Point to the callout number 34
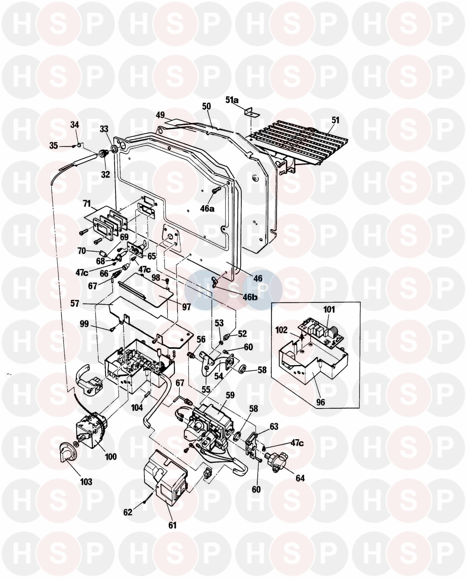75,125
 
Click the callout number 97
186,307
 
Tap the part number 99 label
84,324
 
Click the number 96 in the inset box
320,402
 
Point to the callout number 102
282,330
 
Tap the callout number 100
111,457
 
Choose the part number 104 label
137,407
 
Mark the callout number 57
75,303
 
